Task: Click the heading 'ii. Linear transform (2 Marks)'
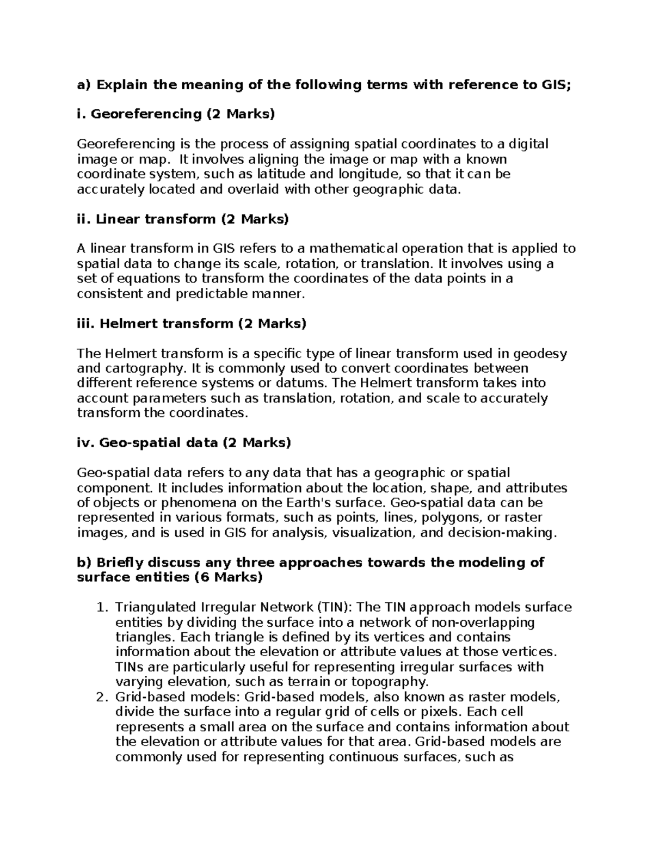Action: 183,219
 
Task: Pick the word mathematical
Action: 355,249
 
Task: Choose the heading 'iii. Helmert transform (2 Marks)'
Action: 192,324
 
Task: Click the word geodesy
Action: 537,354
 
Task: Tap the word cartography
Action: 141,369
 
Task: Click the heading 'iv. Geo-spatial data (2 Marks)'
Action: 184,443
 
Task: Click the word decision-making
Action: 502,533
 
